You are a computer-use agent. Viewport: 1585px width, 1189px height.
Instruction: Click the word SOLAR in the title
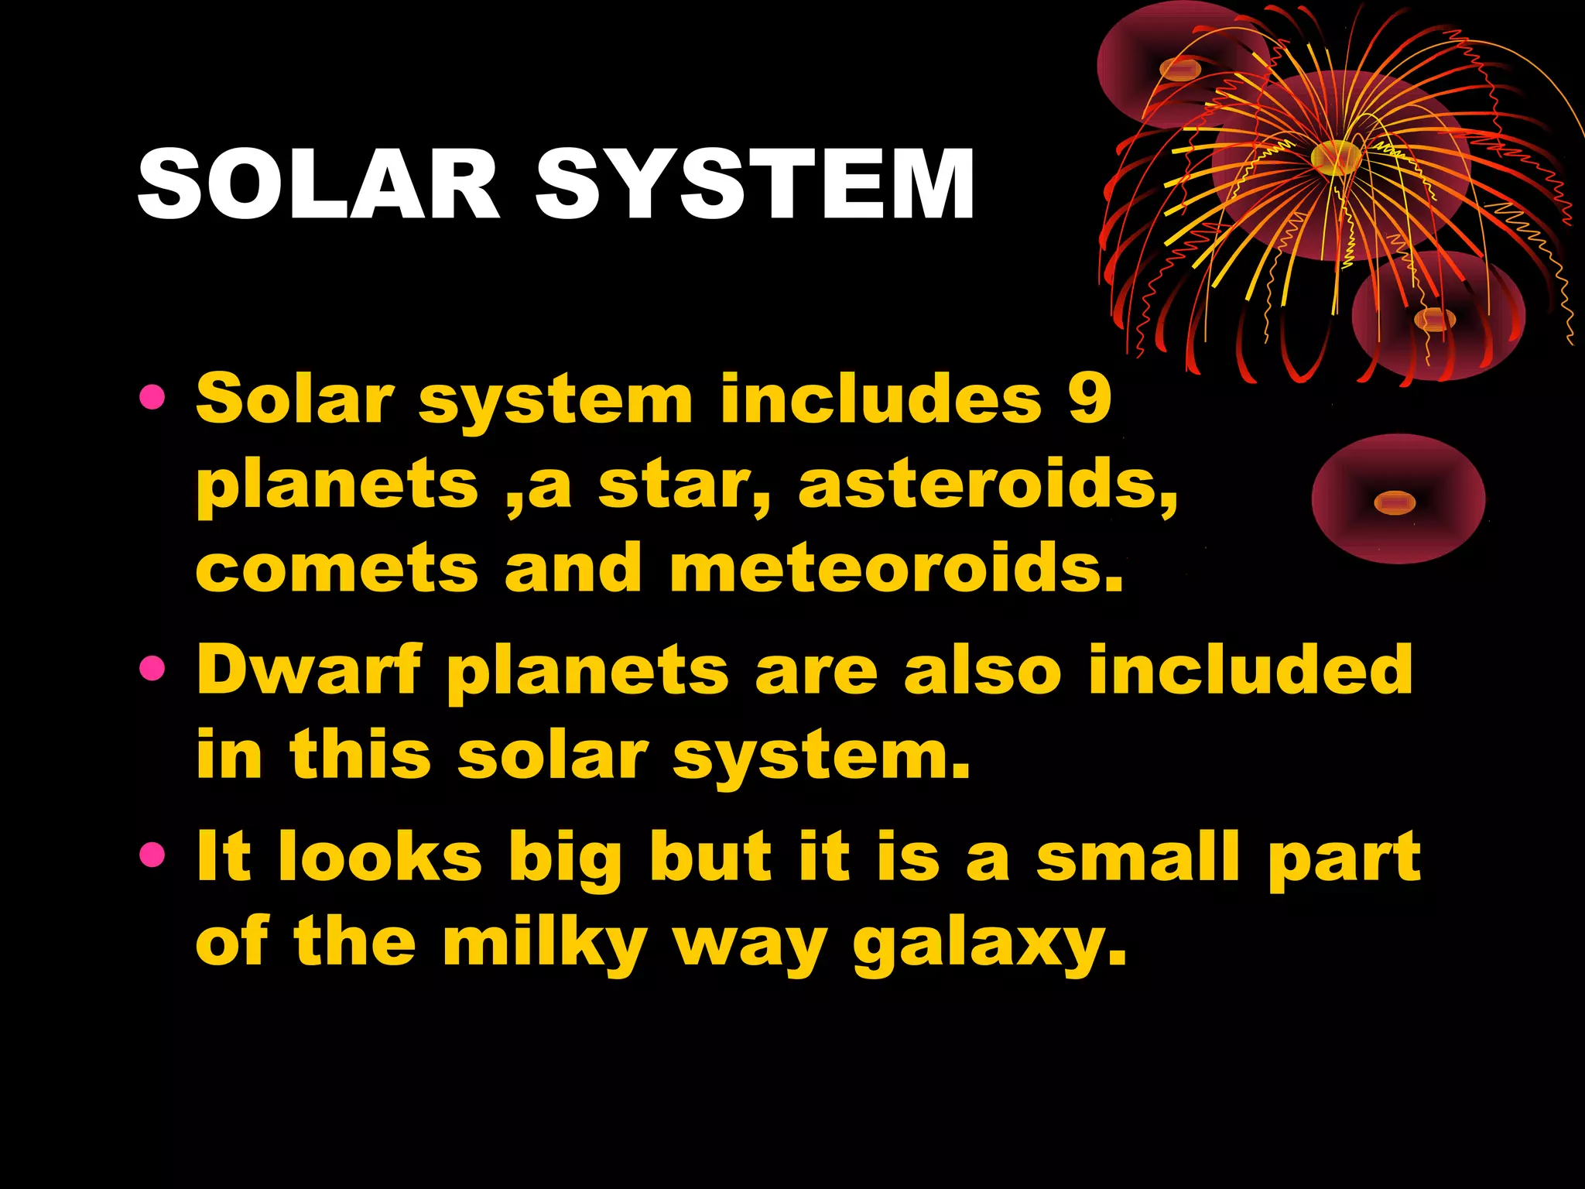[x=319, y=185]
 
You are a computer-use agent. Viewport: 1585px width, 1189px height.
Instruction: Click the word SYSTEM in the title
[x=755, y=185]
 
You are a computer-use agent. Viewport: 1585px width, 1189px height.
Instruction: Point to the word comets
[x=337, y=569]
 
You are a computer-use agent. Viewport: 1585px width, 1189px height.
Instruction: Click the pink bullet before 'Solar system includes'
[x=152, y=398]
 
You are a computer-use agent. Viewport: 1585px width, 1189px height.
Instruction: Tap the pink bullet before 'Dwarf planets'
[x=152, y=668]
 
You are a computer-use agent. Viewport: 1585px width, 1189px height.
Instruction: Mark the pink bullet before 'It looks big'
[x=152, y=855]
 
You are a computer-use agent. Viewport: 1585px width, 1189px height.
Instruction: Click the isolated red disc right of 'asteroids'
[x=1398, y=499]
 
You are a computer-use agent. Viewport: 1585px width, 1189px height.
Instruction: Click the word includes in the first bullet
[x=881, y=399]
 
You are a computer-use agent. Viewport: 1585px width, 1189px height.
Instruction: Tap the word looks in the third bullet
[x=380, y=857]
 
